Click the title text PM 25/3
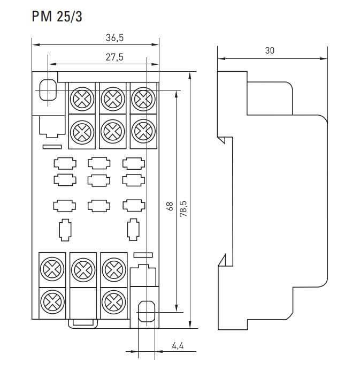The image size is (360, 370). point(57,17)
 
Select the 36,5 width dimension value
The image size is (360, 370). point(114,38)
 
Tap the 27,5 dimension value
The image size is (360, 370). point(114,57)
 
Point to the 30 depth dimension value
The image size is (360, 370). point(270,50)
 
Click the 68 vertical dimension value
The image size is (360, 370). point(170,206)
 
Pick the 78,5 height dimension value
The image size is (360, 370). point(183,209)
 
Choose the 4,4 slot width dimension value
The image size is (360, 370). point(178,346)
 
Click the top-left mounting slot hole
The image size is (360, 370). point(48,90)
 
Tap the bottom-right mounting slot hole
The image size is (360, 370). point(147,312)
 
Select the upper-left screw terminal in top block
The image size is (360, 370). point(82,99)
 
